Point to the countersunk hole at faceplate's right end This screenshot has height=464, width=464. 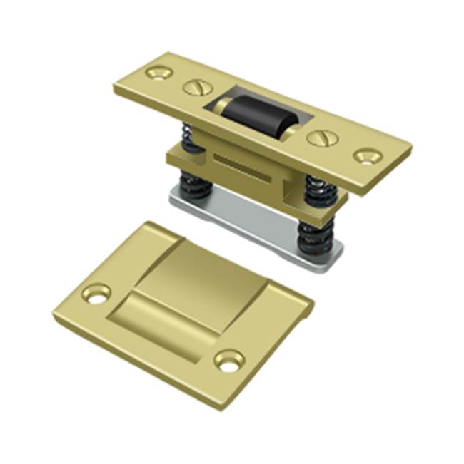367,155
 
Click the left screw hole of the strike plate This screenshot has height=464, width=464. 96,293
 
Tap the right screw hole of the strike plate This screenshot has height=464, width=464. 229,361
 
